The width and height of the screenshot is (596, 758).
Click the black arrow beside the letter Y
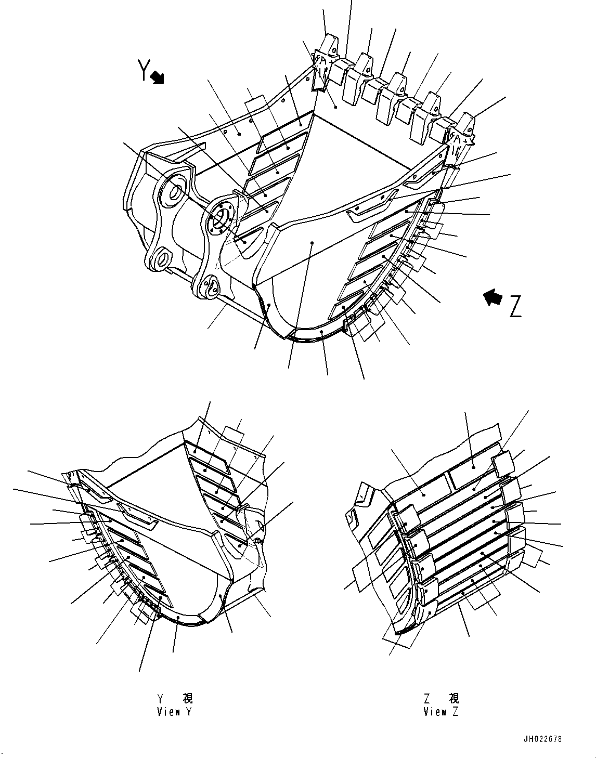[157, 78]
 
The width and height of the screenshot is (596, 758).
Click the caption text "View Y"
[175, 712]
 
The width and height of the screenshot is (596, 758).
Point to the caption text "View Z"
[441, 712]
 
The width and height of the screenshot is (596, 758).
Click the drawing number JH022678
[543, 739]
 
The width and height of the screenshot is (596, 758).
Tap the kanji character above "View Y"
[187, 698]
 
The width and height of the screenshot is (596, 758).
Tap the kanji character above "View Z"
[454, 698]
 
